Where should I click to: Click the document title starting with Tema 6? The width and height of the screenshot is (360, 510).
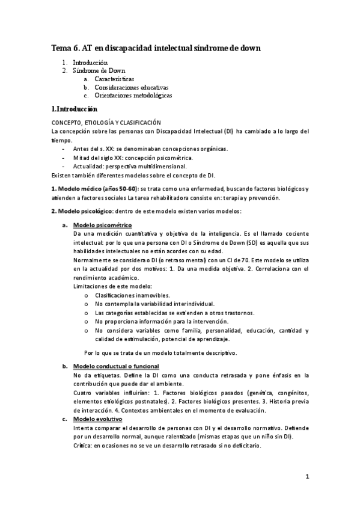156,48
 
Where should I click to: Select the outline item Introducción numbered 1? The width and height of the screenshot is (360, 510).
90,63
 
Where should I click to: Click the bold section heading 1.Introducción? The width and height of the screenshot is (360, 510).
74,109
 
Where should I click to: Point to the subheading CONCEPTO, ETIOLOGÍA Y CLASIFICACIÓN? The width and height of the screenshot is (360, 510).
106,122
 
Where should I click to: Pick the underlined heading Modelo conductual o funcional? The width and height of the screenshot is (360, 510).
115,366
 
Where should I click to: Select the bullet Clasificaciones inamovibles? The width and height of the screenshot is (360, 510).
132,295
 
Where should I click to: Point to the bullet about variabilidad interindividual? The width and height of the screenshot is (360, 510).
154,304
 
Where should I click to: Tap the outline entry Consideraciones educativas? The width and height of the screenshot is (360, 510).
132,87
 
